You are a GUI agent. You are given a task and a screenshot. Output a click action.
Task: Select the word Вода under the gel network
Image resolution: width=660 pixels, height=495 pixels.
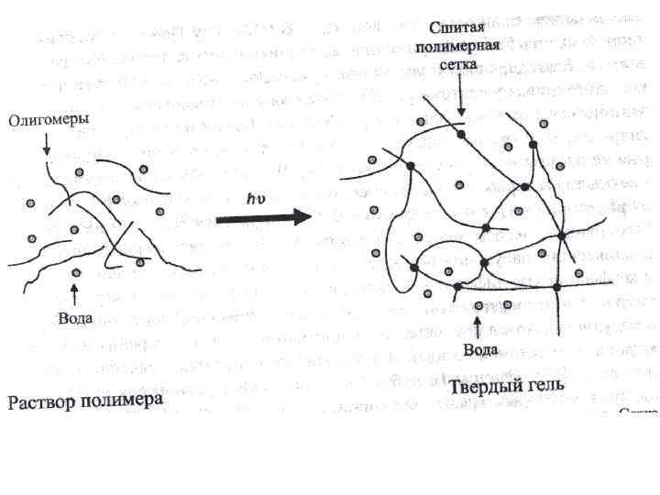tap(480, 349)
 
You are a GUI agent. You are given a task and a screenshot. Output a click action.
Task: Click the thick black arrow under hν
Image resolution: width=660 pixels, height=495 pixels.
tap(261, 218)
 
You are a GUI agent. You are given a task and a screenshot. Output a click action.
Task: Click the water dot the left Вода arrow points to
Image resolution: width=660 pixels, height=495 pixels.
tap(76, 273)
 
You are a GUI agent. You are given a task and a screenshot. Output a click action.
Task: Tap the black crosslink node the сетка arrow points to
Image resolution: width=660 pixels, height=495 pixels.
tap(461, 134)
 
